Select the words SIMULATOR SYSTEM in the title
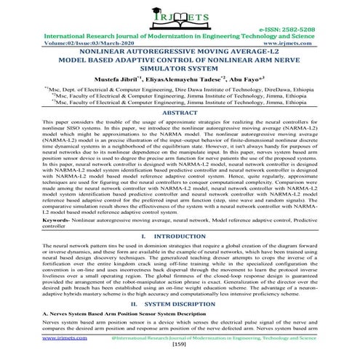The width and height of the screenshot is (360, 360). pyautogui.click(x=180, y=73)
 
